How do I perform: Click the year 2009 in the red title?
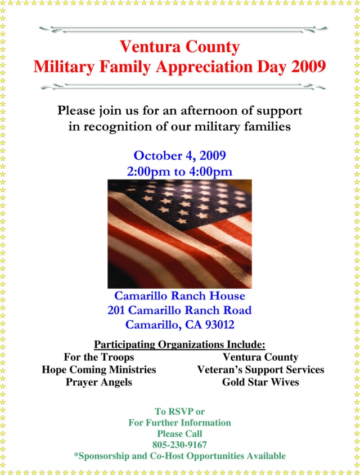point(308,66)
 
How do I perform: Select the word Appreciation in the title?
point(204,67)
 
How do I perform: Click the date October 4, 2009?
point(179,155)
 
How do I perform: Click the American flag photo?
point(179,234)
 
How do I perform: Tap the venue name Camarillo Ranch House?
point(179,295)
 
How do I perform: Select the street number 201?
point(116,310)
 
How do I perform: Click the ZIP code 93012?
point(220,325)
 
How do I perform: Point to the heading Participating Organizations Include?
point(179,344)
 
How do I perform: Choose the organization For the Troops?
point(98,357)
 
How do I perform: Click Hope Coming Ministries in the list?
point(98,370)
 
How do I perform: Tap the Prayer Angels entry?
point(98,382)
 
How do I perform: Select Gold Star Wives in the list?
point(260,382)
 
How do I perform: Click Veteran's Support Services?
point(260,370)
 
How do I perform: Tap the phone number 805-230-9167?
point(179,445)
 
